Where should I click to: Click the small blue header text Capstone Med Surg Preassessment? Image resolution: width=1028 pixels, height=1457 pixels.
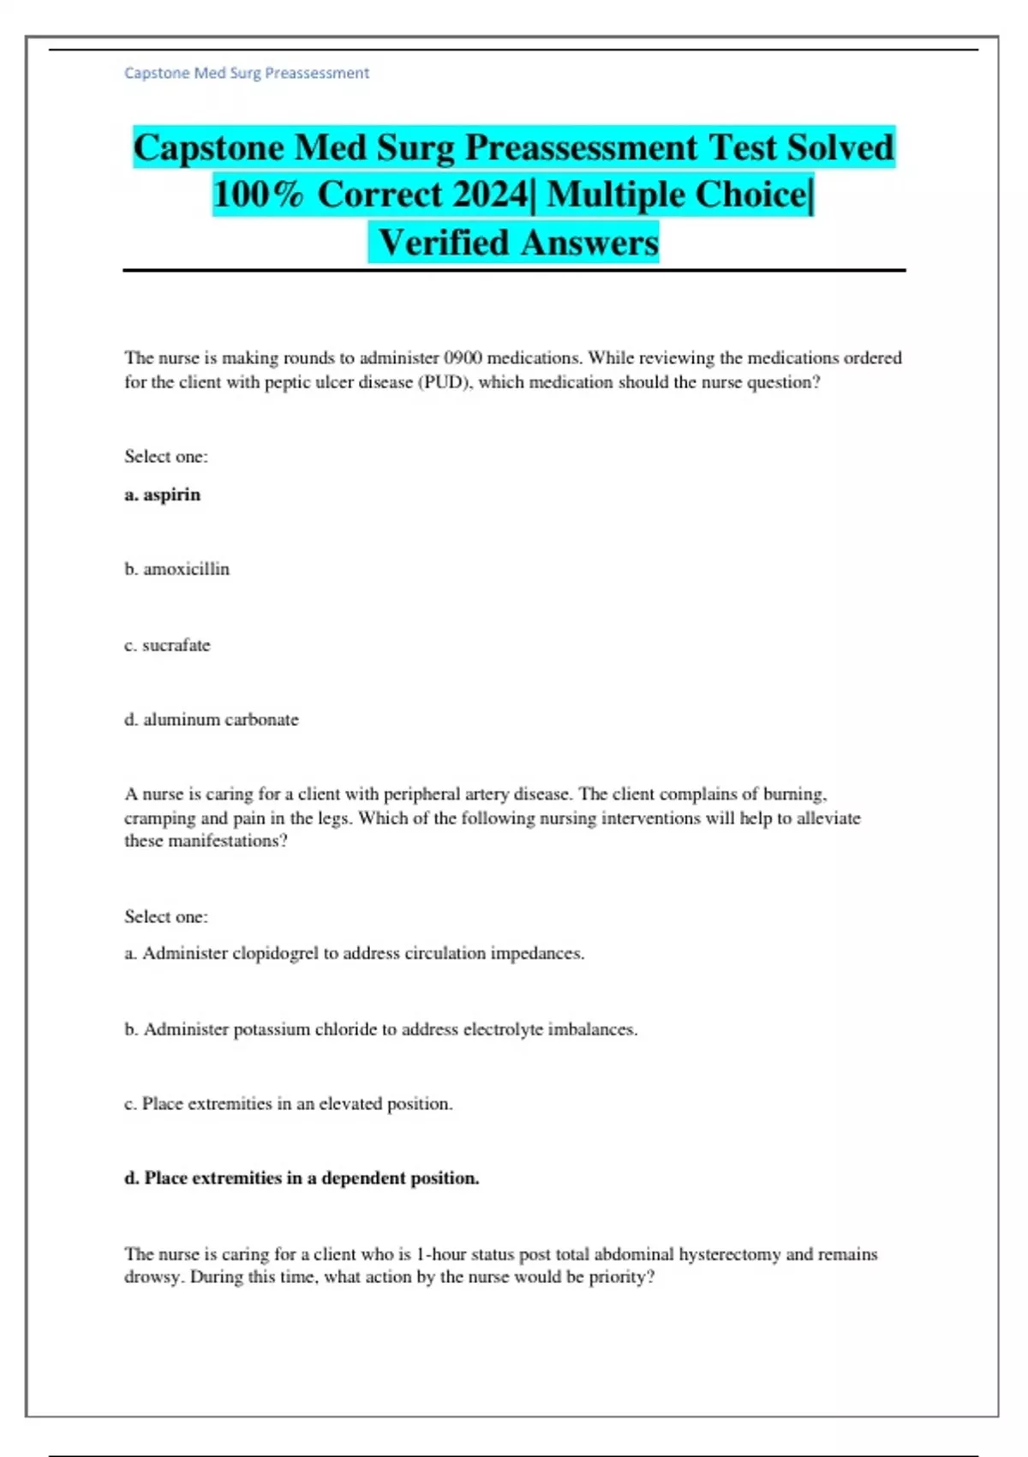click(247, 74)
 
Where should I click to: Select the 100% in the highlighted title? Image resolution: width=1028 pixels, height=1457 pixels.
click(258, 195)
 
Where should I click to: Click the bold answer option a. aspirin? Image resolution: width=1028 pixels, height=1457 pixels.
click(163, 495)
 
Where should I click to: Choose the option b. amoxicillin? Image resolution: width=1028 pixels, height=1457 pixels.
click(177, 569)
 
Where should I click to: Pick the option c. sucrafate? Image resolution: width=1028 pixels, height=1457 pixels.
click(167, 645)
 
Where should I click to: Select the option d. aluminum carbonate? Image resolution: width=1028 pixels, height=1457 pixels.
click(212, 720)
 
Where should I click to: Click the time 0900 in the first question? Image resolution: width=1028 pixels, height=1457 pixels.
click(463, 358)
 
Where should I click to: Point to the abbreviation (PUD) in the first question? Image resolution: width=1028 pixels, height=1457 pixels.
click(445, 382)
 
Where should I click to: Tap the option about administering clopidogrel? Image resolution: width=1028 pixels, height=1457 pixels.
click(355, 953)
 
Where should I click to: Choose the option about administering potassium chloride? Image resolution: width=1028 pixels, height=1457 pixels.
click(381, 1029)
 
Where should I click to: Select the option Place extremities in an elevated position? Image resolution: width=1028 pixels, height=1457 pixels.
click(289, 1104)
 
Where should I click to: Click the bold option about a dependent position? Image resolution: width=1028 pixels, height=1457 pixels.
click(302, 1178)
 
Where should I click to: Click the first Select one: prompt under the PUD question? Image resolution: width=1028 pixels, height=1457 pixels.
click(166, 457)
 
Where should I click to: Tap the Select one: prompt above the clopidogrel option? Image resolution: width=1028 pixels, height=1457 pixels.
click(166, 917)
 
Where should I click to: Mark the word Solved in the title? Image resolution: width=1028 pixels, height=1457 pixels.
click(840, 147)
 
